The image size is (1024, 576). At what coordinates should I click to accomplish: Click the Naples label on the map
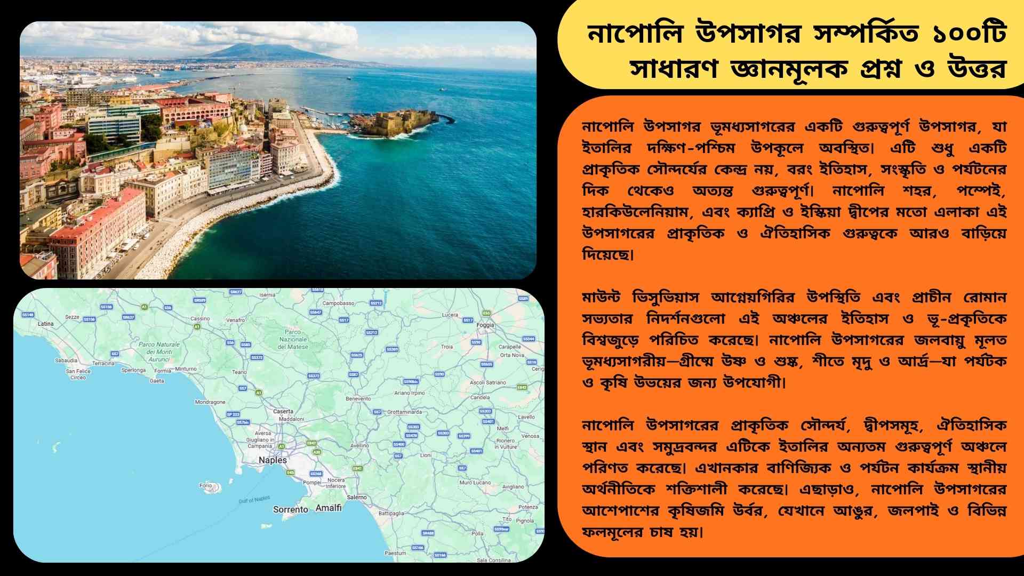click(x=273, y=460)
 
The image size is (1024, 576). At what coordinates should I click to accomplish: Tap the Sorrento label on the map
click(x=290, y=509)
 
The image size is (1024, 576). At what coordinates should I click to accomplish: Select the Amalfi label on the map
click(x=329, y=508)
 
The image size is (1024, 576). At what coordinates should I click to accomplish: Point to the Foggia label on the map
click(x=485, y=325)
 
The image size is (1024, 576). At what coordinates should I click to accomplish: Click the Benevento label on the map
click(x=358, y=398)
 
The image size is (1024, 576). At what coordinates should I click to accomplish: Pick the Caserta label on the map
click(x=283, y=411)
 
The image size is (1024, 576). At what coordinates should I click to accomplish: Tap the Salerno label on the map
click(x=357, y=497)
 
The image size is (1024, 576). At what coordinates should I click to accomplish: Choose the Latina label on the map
click(x=45, y=324)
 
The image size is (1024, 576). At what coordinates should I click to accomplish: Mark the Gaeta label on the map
click(x=157, y=381)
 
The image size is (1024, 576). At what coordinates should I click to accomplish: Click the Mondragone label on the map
click(x=210, y=402)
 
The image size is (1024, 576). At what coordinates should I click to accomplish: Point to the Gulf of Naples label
click(x=254, y=500)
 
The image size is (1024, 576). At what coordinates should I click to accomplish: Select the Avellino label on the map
click(x=359, y=445)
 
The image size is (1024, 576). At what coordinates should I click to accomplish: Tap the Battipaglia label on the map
click(x=391, y=513)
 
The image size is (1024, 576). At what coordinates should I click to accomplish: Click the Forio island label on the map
click(x=205, y=485)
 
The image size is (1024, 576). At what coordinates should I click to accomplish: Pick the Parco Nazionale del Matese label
click(x=293, y=339)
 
